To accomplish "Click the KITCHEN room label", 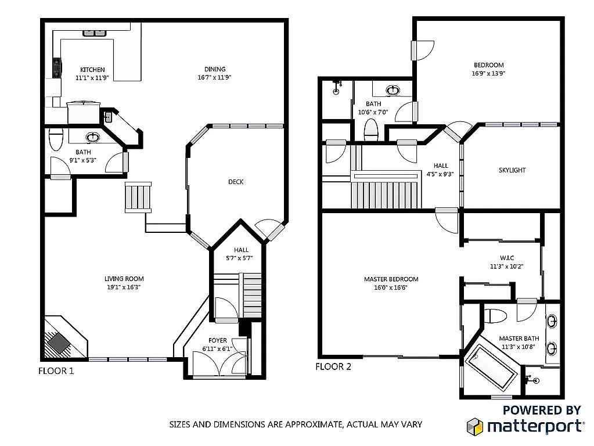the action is pos(92,70).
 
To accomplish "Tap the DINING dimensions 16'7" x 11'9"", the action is pos(214,78).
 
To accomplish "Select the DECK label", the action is pos(236,182).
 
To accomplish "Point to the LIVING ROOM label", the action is pos(124,279).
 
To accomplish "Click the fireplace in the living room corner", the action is pos(59,342).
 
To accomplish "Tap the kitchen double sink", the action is pos(94,33).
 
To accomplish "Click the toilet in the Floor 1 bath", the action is pos(56,139).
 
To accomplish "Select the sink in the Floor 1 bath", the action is pos(93,137).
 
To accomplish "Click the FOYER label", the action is pos(217,341).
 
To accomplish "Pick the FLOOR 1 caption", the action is pos(56,371).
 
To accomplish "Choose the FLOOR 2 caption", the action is pos(333,366).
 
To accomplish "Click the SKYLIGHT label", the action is pos(512,170).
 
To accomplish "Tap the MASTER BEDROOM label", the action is pos(391,279).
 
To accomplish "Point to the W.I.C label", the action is pos(507,258).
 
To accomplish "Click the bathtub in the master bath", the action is pos(491,368).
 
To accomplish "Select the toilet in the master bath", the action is pos(495,316).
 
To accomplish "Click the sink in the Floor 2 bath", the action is pos(393,91).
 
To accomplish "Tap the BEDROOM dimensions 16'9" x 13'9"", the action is pos(488,74).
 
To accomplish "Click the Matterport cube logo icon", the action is pos(474,426).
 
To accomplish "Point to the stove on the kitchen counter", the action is pos(57,67).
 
